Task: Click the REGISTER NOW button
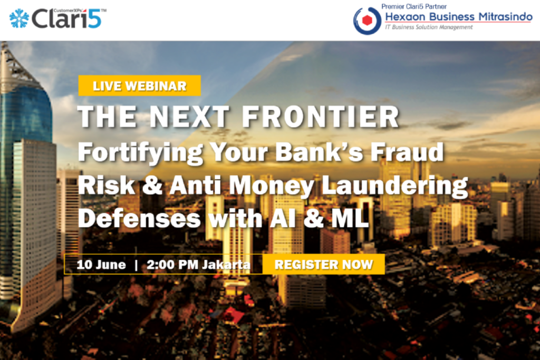[323, 264]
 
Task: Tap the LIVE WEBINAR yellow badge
[139, 85]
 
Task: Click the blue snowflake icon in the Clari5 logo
[19, 18]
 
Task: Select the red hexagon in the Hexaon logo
[368, 21]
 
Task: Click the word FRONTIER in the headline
[321, 116]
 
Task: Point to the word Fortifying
[140, 152]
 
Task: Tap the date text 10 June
[101, 264]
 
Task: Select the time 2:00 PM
[172, 264]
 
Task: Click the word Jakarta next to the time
[226, 264]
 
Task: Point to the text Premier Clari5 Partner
[414, 6]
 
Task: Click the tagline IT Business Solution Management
[429, 27]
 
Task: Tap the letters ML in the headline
[350, 218]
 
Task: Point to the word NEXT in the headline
[189, 116]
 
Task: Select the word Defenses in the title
[139, 218]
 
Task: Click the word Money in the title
[272, 186]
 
